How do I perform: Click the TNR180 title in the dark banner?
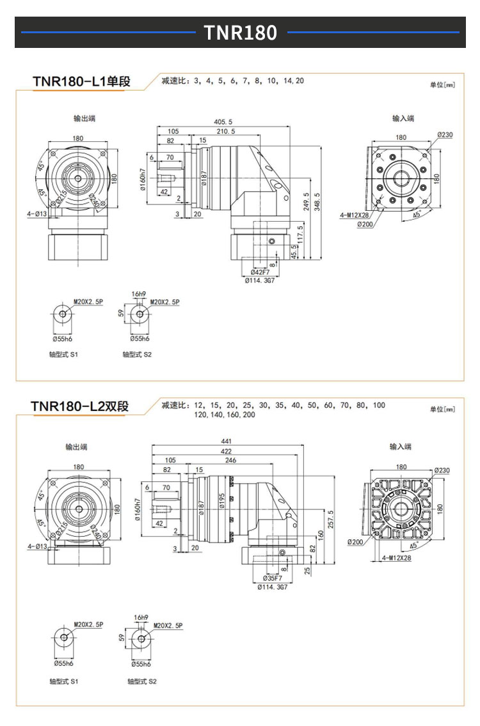tap(240, 33)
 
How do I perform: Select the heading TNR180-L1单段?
tap(81, 82)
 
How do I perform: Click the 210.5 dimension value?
tap(225, 131)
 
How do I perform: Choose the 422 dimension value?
tap(226, 451)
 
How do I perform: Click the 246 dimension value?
tap(230, 460)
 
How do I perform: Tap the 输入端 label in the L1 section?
tap(403, 118)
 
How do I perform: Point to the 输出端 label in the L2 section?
tap(76, 447)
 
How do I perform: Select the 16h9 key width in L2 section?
tap(141, 618)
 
